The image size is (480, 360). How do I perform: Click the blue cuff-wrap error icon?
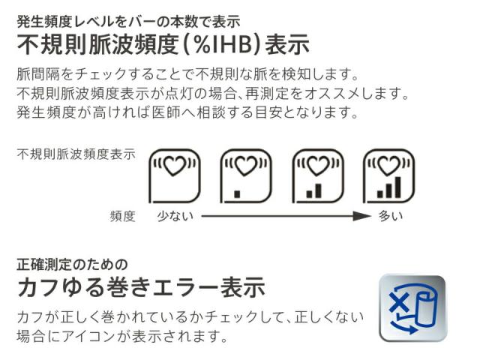tap(412, 307)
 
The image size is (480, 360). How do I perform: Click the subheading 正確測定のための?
tap(72, 264)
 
